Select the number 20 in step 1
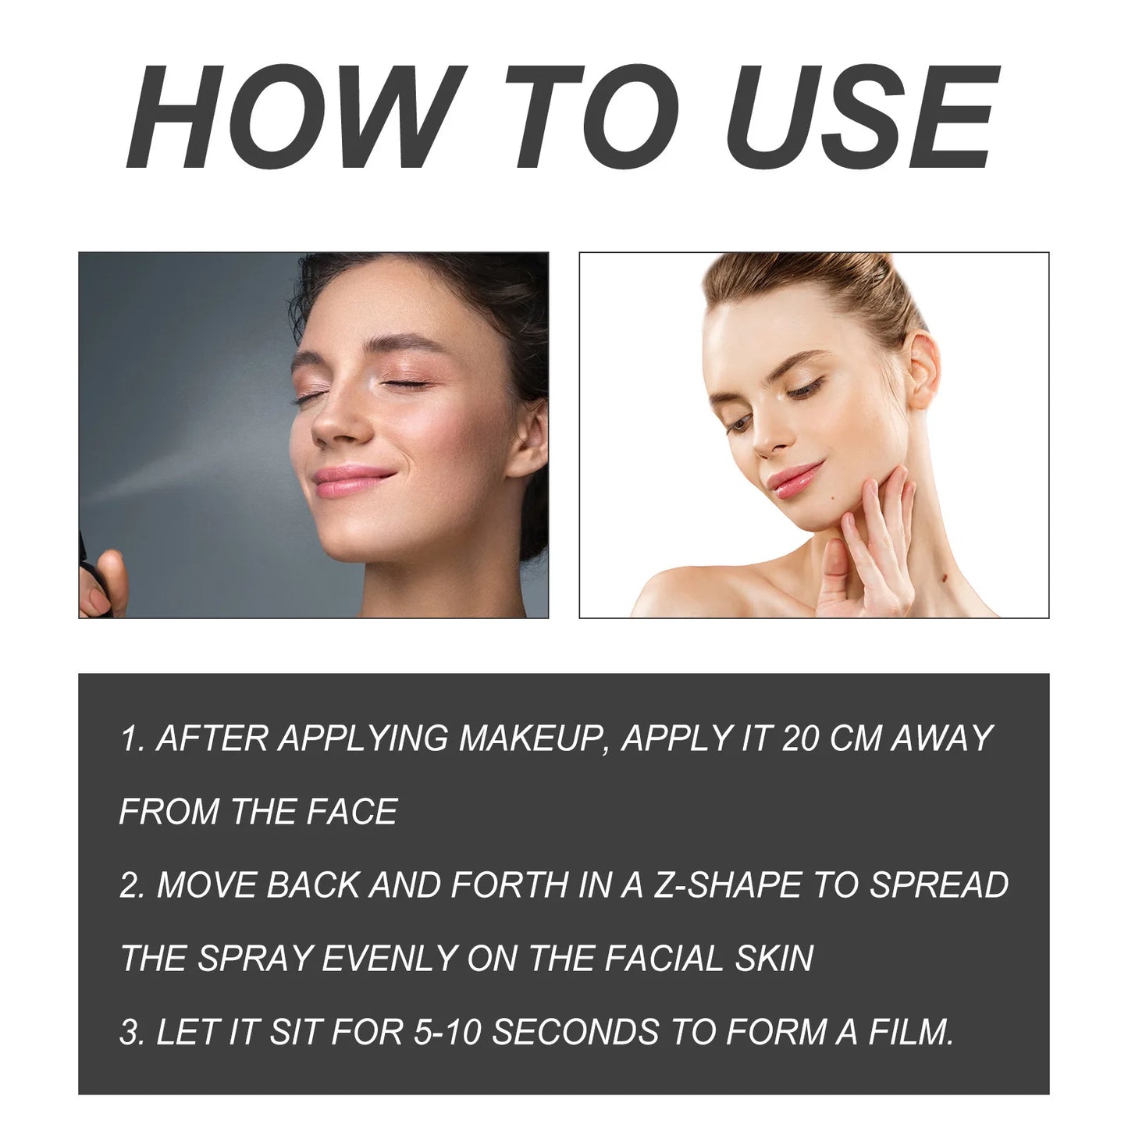[x=799, y=738]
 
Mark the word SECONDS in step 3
[x=575, y=1032]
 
